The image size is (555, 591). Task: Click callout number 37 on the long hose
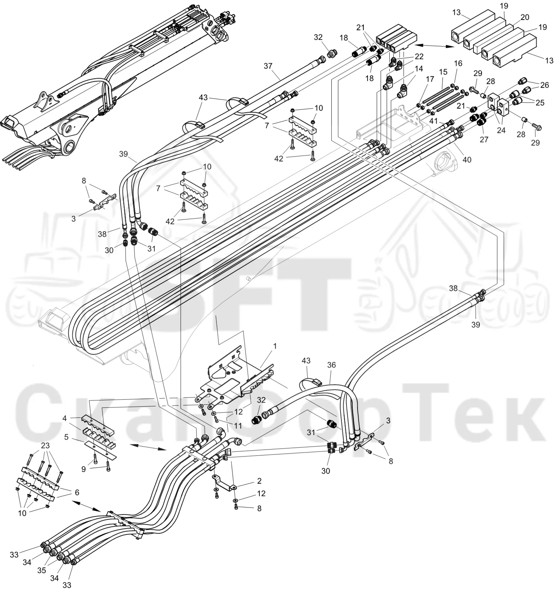[x=268, y=66]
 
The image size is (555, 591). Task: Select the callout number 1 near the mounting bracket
[x=275, y=346]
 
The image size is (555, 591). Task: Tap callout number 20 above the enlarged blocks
[x=524, y=17]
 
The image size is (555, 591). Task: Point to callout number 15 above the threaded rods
[x=443, y=72]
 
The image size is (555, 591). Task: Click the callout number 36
[x=331, y=365]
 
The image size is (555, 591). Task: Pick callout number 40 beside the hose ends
[x=467, y=160]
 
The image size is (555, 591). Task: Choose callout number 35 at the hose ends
[x=42, y=570]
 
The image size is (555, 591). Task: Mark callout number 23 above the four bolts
[x=45, y=445]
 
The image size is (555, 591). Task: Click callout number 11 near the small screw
[x=238, y=426]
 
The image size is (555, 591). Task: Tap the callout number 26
[x=544, y=85]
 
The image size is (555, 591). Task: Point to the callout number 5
[x=66, y=437]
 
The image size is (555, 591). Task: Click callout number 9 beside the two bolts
[x=84, y=469]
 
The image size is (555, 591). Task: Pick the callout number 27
[x=484, y=140]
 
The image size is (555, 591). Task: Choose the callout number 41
[x=433, y=120]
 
